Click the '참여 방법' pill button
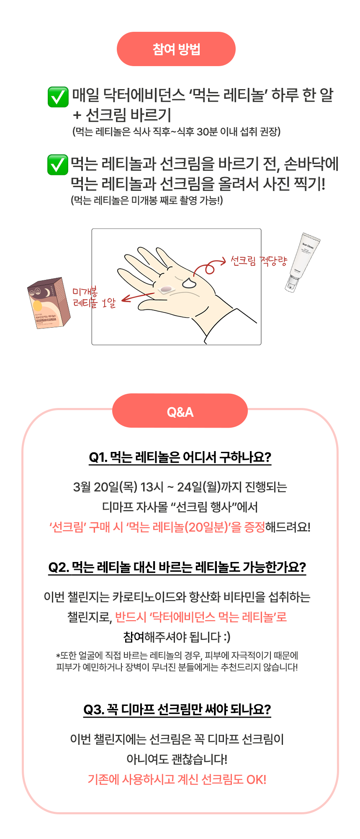click(x=176, y=49)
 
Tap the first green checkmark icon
click(x=58, y=97)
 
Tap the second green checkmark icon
click(x=58, y=164)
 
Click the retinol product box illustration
click(x=49, y=303)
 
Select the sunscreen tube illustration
click(x=303, y=262)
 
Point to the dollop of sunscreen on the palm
click(x=189, y=283)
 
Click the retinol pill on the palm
click(x=166, y=289)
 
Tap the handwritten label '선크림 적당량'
click(x=259, y=261)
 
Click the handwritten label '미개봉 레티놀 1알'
click(x=94, y=298)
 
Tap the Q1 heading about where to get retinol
click(x=180, y=457)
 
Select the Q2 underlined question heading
click(x=177, y=567)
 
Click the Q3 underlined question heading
click(x=177, y=709)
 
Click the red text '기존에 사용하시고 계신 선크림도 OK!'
click(x=177, y=779)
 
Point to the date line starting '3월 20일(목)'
click(x=180, y=487)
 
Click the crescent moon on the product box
click(x=47, y=292)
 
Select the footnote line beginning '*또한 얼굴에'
click(x=177, y=655)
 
